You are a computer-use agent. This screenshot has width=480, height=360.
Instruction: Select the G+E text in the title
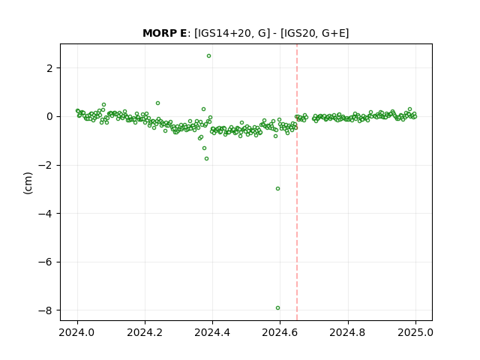point(331,33)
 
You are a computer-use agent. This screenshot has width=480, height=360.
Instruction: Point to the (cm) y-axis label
point(28,183)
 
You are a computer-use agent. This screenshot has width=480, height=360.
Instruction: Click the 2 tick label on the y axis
point(50,68)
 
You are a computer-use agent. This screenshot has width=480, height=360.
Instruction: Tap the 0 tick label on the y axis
point(50,117)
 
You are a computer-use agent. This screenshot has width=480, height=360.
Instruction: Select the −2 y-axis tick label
point(46,165)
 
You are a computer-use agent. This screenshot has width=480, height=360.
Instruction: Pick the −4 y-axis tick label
point(46,214)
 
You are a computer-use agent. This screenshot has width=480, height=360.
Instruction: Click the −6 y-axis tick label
point(46,262)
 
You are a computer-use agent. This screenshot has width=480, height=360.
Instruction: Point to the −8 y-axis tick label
point(46,310)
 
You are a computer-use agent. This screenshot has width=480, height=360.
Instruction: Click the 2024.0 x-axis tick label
point(77,332)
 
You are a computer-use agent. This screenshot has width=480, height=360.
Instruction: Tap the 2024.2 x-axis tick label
point(145,332)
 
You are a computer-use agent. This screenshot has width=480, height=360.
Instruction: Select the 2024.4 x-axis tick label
point(212,332)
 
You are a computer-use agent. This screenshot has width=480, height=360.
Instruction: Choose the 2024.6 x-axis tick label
point(280,332)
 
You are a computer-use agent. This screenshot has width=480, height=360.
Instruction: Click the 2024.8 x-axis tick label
point(347,332)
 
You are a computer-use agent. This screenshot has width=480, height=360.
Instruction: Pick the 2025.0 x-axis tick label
point(415,332)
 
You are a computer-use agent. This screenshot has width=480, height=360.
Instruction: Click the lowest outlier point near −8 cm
point(277,308)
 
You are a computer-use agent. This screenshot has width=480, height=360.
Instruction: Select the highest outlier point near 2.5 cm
point(208,56)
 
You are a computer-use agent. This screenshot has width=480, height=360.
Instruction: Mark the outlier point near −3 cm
point(277,188)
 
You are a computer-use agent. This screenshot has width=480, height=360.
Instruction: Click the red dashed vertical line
point(297,182)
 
